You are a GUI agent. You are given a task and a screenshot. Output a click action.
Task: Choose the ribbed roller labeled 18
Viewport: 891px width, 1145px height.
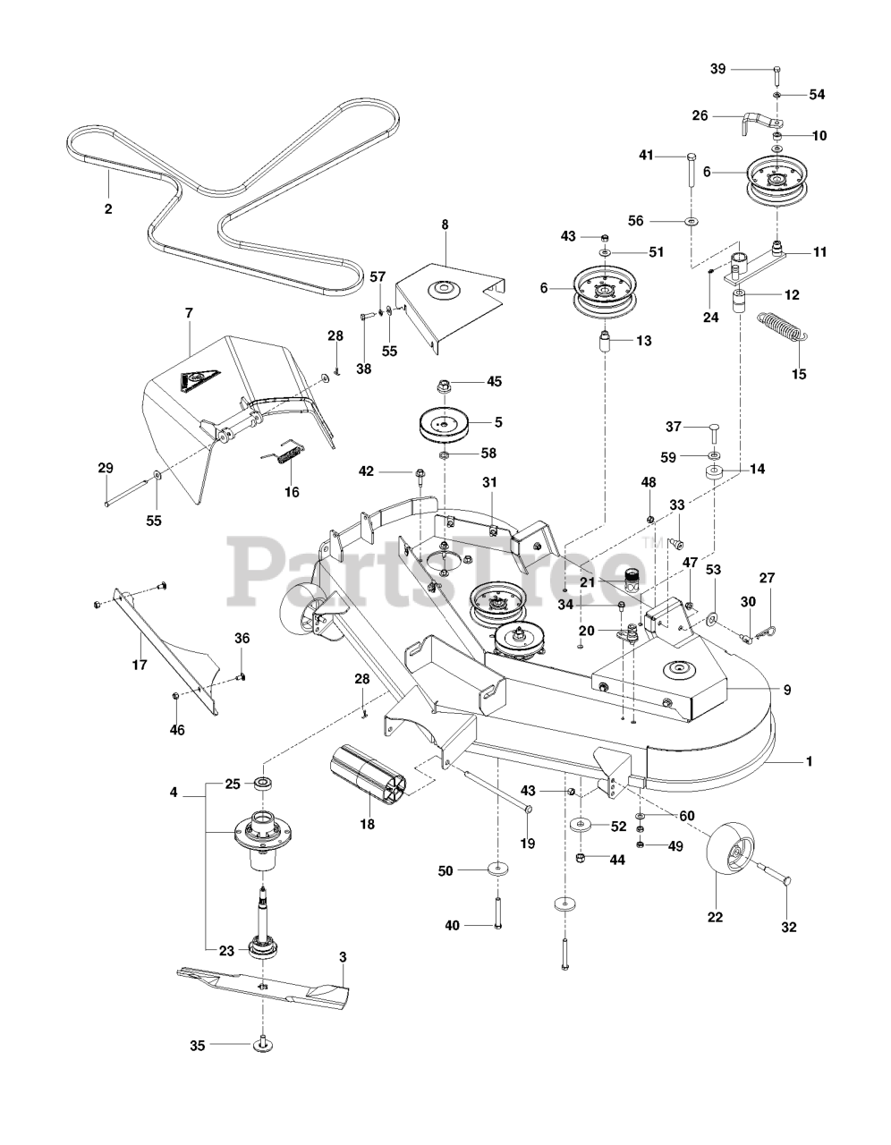(367, 769)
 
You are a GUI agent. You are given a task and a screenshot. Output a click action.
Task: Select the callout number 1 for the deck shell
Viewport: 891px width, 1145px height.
(809, 761)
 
